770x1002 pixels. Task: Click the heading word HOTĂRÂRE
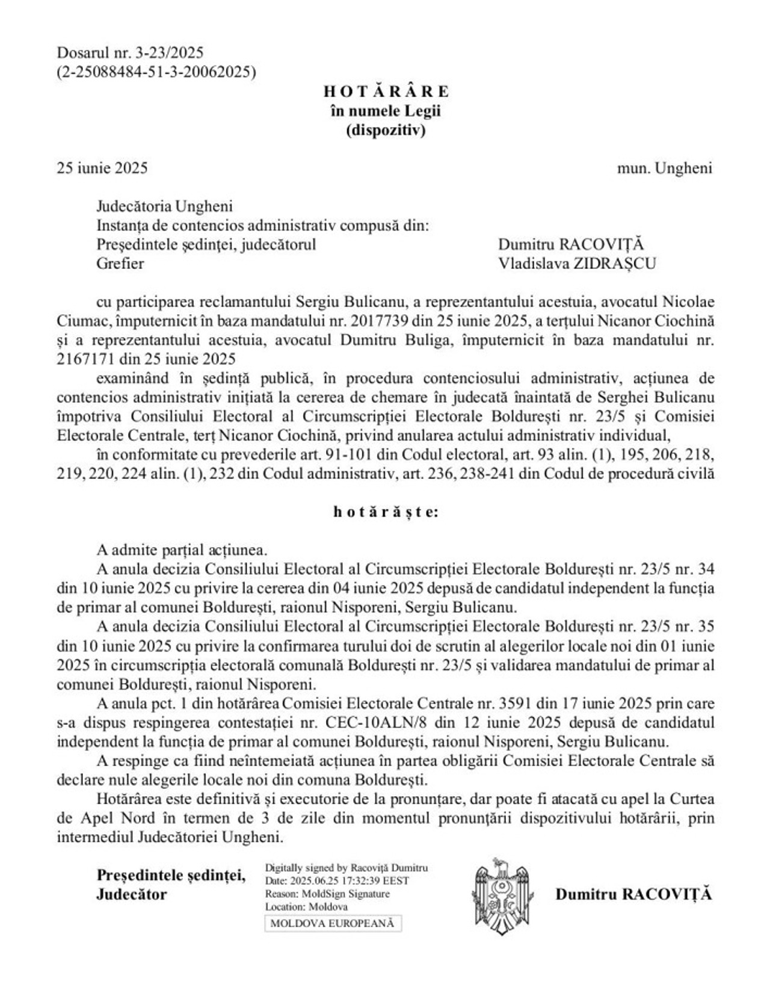tap(386, 91)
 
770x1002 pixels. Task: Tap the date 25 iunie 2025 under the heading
tap(102, 168)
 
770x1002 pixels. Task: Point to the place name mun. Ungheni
tap(664, 168)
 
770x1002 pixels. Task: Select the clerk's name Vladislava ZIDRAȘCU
tap(577, 264)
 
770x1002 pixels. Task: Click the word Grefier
tap(120, 264)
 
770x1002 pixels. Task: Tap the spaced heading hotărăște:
tap(386, 513)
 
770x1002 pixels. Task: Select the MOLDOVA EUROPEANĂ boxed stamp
tap(333, 923)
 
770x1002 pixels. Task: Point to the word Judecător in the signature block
tap(131, 894)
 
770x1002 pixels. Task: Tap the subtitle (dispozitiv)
tap(386, 130)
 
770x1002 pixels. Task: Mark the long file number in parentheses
tap(156, 72)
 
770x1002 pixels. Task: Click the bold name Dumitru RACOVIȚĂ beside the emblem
tap(633, 894)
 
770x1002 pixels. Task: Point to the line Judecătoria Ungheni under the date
tap(164, 206)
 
